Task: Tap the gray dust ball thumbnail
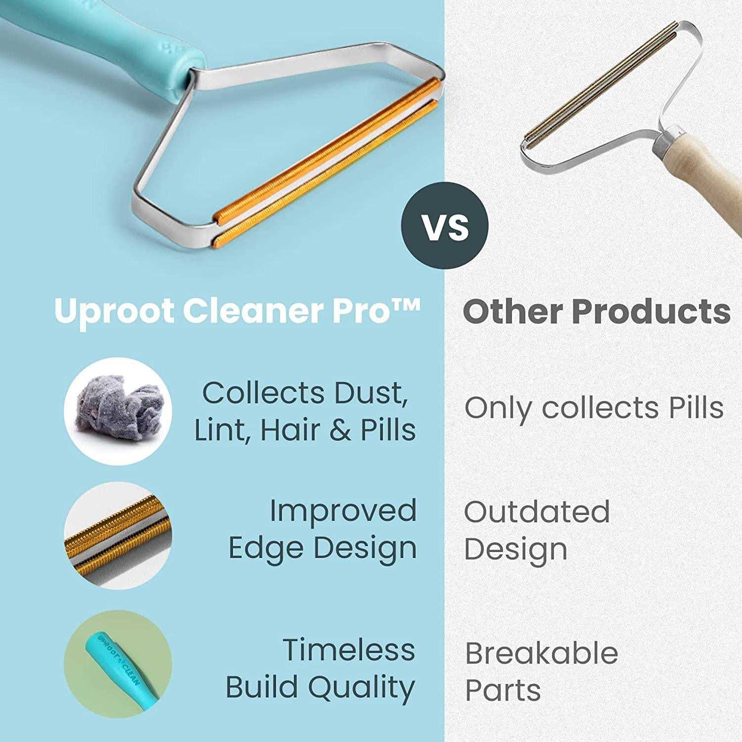(118, 411)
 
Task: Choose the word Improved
(343, 511)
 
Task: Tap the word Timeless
(349, 650)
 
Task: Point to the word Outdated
(537, 511)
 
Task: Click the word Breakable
(542, 653)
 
